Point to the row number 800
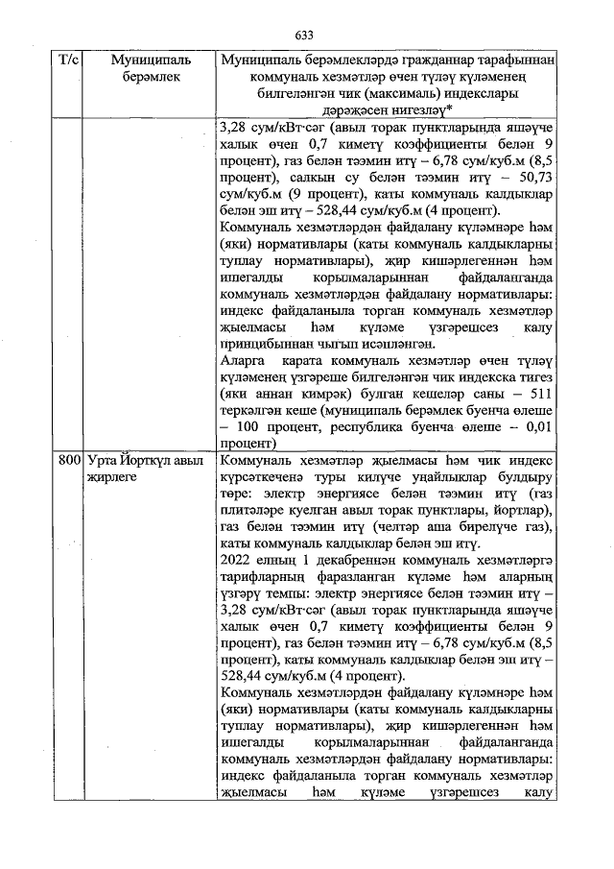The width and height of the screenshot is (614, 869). click(68, 461)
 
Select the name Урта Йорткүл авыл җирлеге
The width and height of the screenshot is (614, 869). click(145, 469)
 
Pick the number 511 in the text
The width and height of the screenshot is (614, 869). click(535, 396)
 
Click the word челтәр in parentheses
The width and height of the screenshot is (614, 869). click(398, 526)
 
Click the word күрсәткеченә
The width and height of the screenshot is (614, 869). click(267, 477)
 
